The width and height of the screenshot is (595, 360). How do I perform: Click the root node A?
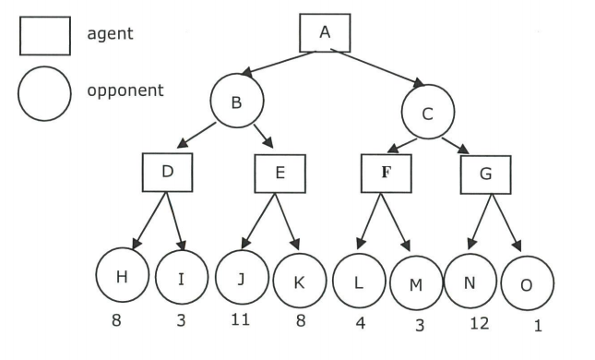point(325,32)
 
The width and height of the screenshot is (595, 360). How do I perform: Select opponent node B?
point(236,102)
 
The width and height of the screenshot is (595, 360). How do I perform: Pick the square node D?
point(167,172)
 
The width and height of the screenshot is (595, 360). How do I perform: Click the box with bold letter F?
point(385,172)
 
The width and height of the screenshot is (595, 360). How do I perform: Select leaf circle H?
point(123,276)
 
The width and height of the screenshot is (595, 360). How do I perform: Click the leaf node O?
point(528,284)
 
